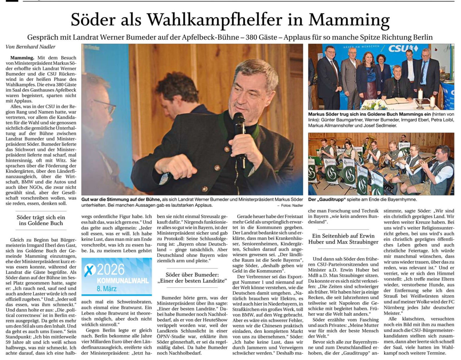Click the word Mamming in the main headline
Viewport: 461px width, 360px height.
tap(349, 20)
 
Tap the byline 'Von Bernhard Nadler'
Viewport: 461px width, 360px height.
tap(31, 47)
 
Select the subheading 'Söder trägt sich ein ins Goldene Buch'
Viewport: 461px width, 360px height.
tap(41, 220)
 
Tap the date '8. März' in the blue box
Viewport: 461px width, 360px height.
tap(107, 289)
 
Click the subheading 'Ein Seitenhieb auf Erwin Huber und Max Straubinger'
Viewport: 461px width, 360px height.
tap(343, 239)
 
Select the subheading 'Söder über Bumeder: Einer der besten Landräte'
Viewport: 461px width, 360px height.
tap(192, 278)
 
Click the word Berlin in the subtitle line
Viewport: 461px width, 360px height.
tap(422, 37)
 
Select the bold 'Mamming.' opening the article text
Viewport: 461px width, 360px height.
tap(22, 58)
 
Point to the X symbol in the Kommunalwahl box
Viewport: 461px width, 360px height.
tap(90, 270)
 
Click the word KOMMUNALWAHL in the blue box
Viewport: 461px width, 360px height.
tap(123, 281)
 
